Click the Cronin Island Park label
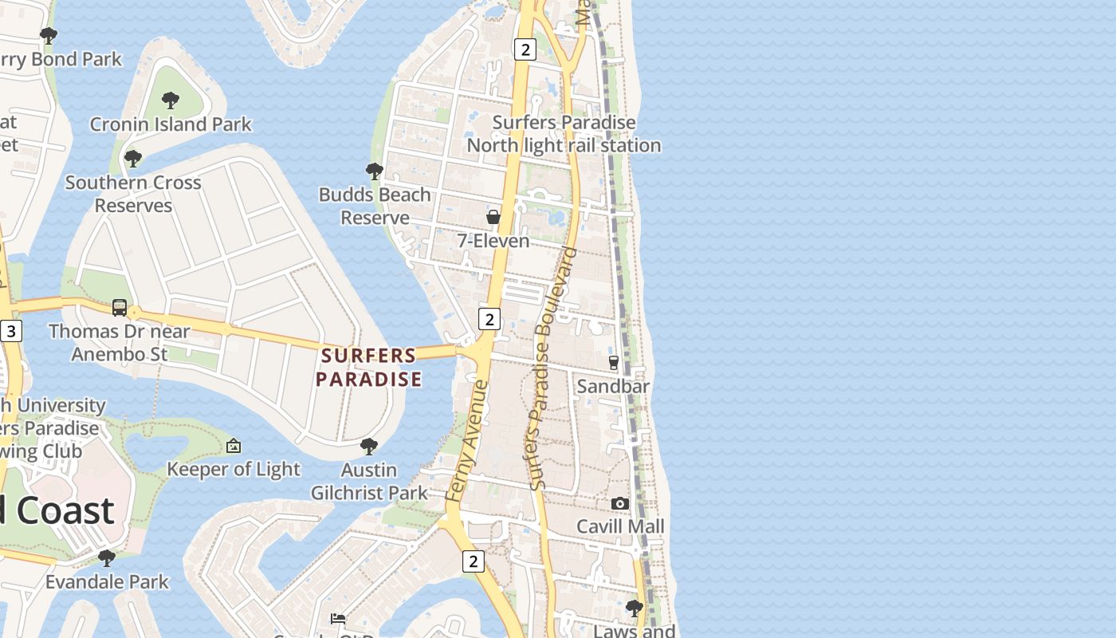[171, 124]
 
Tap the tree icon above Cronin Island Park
[170, 100]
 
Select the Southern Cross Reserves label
[133, 194]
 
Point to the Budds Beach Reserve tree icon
[374, 171]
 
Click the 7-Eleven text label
[493, 240]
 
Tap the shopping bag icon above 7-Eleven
[493, 217]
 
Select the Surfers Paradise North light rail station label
[564, 134]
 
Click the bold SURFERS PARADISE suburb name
[368, 367]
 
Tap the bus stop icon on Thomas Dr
[120, 307]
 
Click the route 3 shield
[10, 331]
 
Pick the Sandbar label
[613, 386]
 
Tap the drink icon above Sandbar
[613, 363]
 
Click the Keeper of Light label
[234, 469]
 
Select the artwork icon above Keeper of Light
[234, 446]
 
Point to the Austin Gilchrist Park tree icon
[368, 446]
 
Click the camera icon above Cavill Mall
[620, 503]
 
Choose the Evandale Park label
[107, 581]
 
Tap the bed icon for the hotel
[338, 618]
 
